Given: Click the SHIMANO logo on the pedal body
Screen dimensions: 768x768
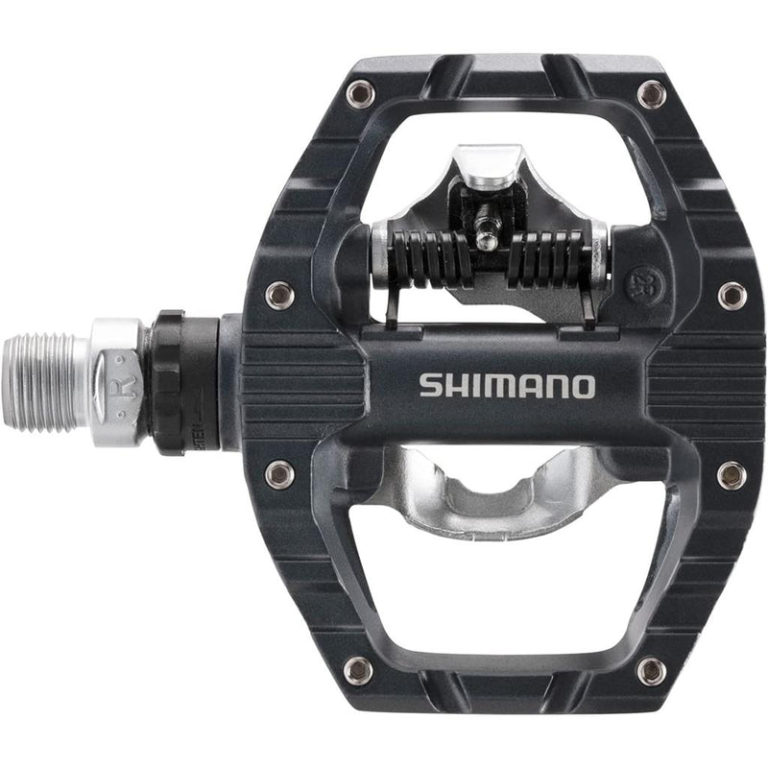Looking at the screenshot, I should (x=507, y=386).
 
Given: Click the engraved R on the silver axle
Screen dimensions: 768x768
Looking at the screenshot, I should (x=119, y=365).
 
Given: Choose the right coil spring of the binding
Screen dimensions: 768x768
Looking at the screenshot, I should (x=546, y=258).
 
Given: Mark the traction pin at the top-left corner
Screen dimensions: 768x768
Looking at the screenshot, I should (x=360, y=94).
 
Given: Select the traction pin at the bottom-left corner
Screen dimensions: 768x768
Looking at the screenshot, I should (x=359, y=669).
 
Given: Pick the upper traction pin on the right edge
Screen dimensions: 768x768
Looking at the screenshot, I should (x=731, y=294).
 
